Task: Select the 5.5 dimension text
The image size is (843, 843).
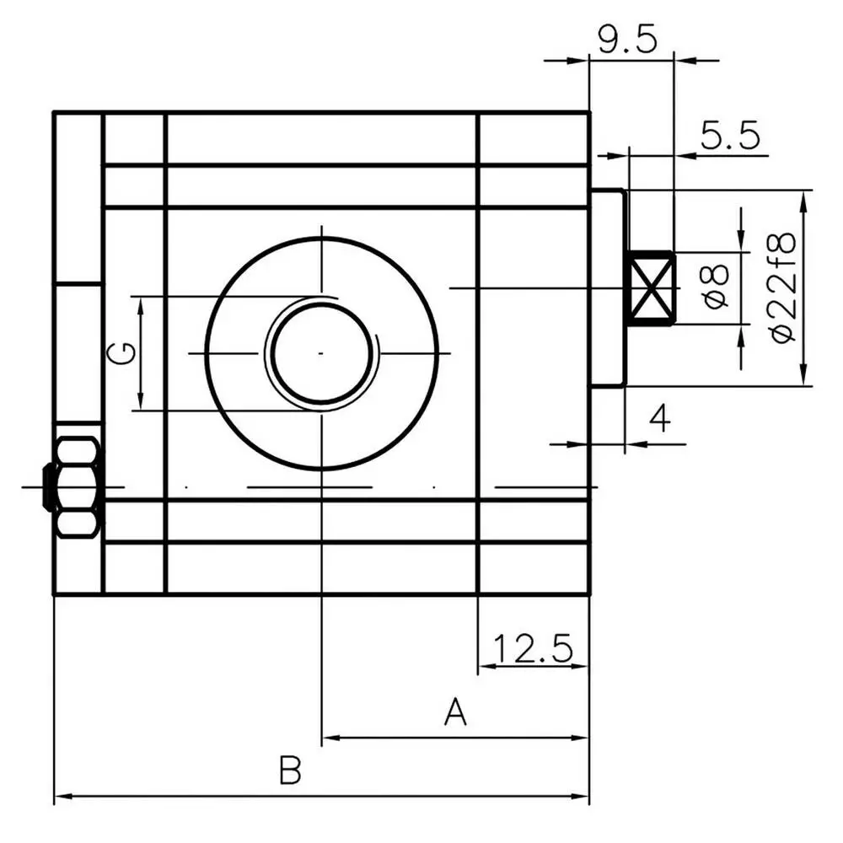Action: click(731, 135)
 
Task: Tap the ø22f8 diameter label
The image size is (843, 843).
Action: click(782, 287)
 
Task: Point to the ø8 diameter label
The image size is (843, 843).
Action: click(716, 287)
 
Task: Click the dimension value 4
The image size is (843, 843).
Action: click(660, 418)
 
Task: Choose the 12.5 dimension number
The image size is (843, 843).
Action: click(532, 647)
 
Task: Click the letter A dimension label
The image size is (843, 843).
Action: click(455, 711)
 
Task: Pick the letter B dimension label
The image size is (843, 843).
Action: click(290, 770)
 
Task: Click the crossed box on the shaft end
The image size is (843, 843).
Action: click(652, 288)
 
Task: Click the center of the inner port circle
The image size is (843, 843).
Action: click(321, 353)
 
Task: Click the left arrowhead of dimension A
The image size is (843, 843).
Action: click(330, 738)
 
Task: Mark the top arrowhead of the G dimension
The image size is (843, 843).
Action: click(140, 307)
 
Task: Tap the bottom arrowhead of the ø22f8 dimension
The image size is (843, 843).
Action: click(803, 376)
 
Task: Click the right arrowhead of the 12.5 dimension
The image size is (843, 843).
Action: click(580, 667)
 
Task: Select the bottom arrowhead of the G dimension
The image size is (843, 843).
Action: click(140, 401)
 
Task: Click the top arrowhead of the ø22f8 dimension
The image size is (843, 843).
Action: click(803, 200)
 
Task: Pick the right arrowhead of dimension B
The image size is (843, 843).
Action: click(580, 797)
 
